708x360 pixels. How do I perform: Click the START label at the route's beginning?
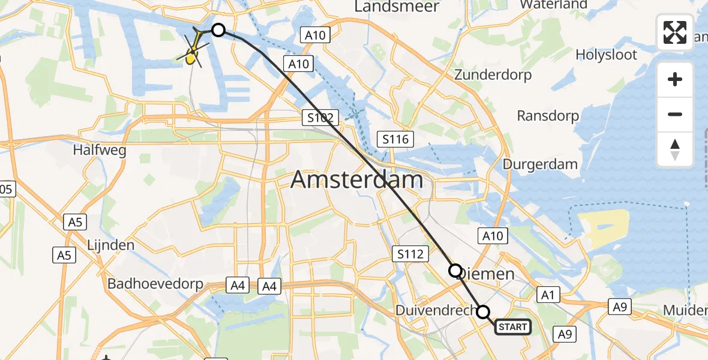[x=513, y=327]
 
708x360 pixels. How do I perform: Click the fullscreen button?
[x=675, y=32]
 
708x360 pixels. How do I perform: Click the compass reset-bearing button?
[x=675, y=149]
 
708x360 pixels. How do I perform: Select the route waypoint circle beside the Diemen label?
[x=455, y=271]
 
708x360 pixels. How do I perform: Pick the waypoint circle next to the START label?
[x=483, y=312]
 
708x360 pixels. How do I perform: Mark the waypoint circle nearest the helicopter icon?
[x=218, y=30]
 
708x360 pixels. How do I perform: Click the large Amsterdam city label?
[x=357, y=180]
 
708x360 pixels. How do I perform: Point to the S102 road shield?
[x=321, y=118]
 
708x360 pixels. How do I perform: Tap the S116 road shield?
[x=396, y=140]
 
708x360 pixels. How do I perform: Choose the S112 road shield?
[x=411, y=254]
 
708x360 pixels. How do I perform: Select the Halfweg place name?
[x=100, y=150]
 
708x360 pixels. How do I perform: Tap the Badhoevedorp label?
[x=155, y=284]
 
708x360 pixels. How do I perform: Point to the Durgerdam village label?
[x=540, y=164]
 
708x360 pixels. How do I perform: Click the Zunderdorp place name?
[x=493, y=75]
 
